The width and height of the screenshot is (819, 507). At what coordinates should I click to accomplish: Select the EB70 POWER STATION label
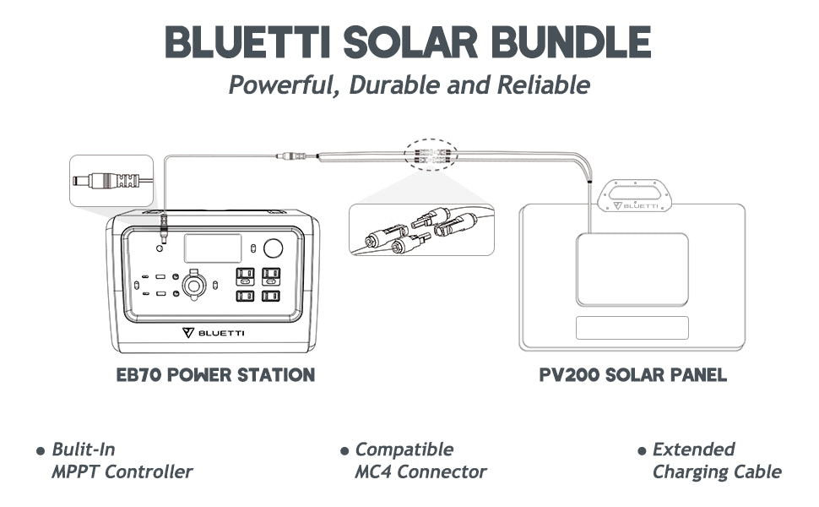click(215, 374)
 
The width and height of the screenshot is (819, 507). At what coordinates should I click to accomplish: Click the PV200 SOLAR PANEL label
click(632, 374)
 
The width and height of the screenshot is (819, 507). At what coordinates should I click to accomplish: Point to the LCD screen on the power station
click(213, 248)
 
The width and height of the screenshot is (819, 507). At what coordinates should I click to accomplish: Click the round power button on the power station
click(273, 248)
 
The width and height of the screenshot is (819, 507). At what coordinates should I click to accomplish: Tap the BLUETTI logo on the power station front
click(214, 332)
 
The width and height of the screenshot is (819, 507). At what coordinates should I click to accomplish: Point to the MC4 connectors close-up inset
click(421, 229)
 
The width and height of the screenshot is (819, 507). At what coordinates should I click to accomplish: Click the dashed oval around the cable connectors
click(430, 155)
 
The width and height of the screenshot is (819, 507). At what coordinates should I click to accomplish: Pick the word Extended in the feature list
click(693, 450)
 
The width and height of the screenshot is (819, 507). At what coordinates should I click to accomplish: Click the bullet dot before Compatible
click(344, 451)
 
